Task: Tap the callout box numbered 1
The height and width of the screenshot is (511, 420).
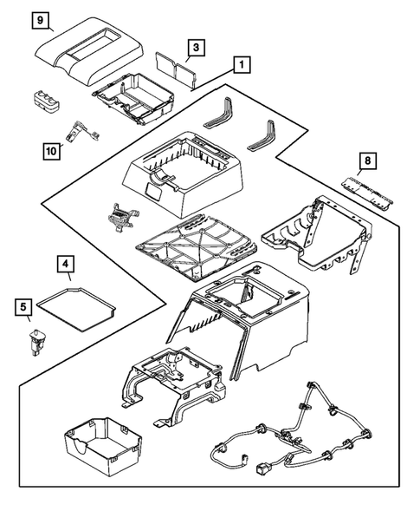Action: [242, 64]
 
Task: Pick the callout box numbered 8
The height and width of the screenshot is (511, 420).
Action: [368, 161]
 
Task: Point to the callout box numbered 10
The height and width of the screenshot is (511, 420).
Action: [52, 151]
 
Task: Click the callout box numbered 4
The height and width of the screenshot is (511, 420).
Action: [65, 262]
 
